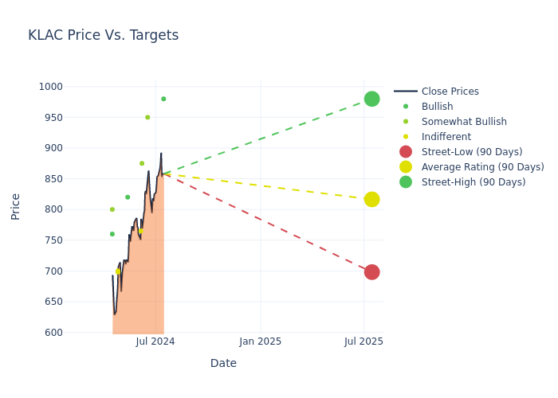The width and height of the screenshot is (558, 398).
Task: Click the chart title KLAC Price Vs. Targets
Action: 103,35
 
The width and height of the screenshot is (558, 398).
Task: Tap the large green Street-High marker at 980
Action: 371,99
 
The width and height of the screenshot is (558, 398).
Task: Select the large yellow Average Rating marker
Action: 371,199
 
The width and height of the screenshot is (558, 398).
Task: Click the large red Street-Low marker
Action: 371,272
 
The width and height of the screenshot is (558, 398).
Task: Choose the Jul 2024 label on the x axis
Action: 155,341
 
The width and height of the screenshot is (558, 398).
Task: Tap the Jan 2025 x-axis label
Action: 260,341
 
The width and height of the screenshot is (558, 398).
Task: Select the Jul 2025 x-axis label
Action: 363,341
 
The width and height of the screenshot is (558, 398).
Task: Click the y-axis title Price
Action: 16,206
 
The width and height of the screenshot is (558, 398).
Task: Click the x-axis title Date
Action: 223,363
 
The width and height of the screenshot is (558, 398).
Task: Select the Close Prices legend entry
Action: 450,92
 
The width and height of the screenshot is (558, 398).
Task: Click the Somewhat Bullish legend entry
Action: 464,122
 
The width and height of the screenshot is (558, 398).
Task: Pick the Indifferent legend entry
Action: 446,137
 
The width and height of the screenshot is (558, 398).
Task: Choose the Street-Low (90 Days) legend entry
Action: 472,152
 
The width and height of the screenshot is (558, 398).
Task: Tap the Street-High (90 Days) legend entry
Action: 474,182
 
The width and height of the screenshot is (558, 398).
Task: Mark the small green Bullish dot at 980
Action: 163,99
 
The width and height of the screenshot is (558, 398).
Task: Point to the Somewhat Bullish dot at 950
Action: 147,117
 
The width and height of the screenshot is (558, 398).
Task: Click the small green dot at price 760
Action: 112,234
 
